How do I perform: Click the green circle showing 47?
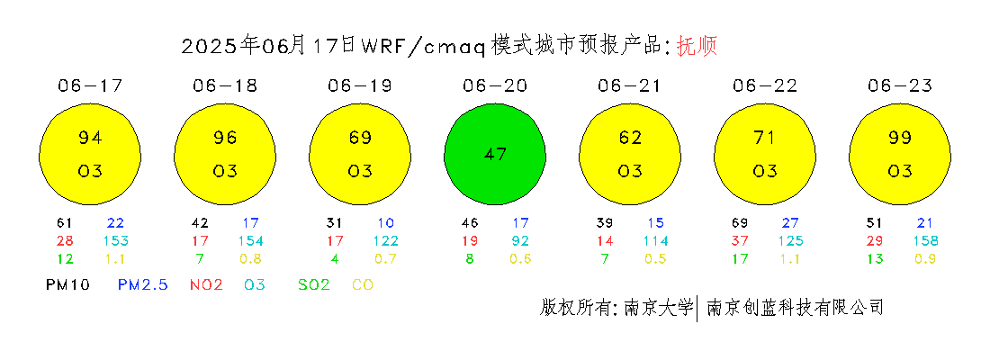(x=495, y=154)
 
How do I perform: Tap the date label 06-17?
(x=90, y=85)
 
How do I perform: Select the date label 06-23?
(x=900, y=85)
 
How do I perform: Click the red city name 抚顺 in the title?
(x=697, y=46)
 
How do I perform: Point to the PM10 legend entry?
(x=67, y=285)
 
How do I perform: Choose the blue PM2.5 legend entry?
(x=143, y=285)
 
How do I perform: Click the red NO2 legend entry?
(x=206, y=285)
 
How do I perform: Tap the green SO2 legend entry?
(x=314, y=285)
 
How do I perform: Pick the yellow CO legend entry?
(x=363, y=285)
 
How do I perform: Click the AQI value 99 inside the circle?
(x=900, y=137)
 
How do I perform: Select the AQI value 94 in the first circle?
(x=90, y=137)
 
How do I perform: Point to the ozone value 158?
(x=925, y=240)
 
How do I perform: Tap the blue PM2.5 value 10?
(x=386, y=223)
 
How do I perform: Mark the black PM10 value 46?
(x=470, y=223)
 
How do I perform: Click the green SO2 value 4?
(x=335, y=258)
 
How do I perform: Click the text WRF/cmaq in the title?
(x=423, y=47)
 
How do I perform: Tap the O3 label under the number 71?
(x=765, y=171)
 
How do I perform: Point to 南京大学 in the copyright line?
(x=659, y=308)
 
